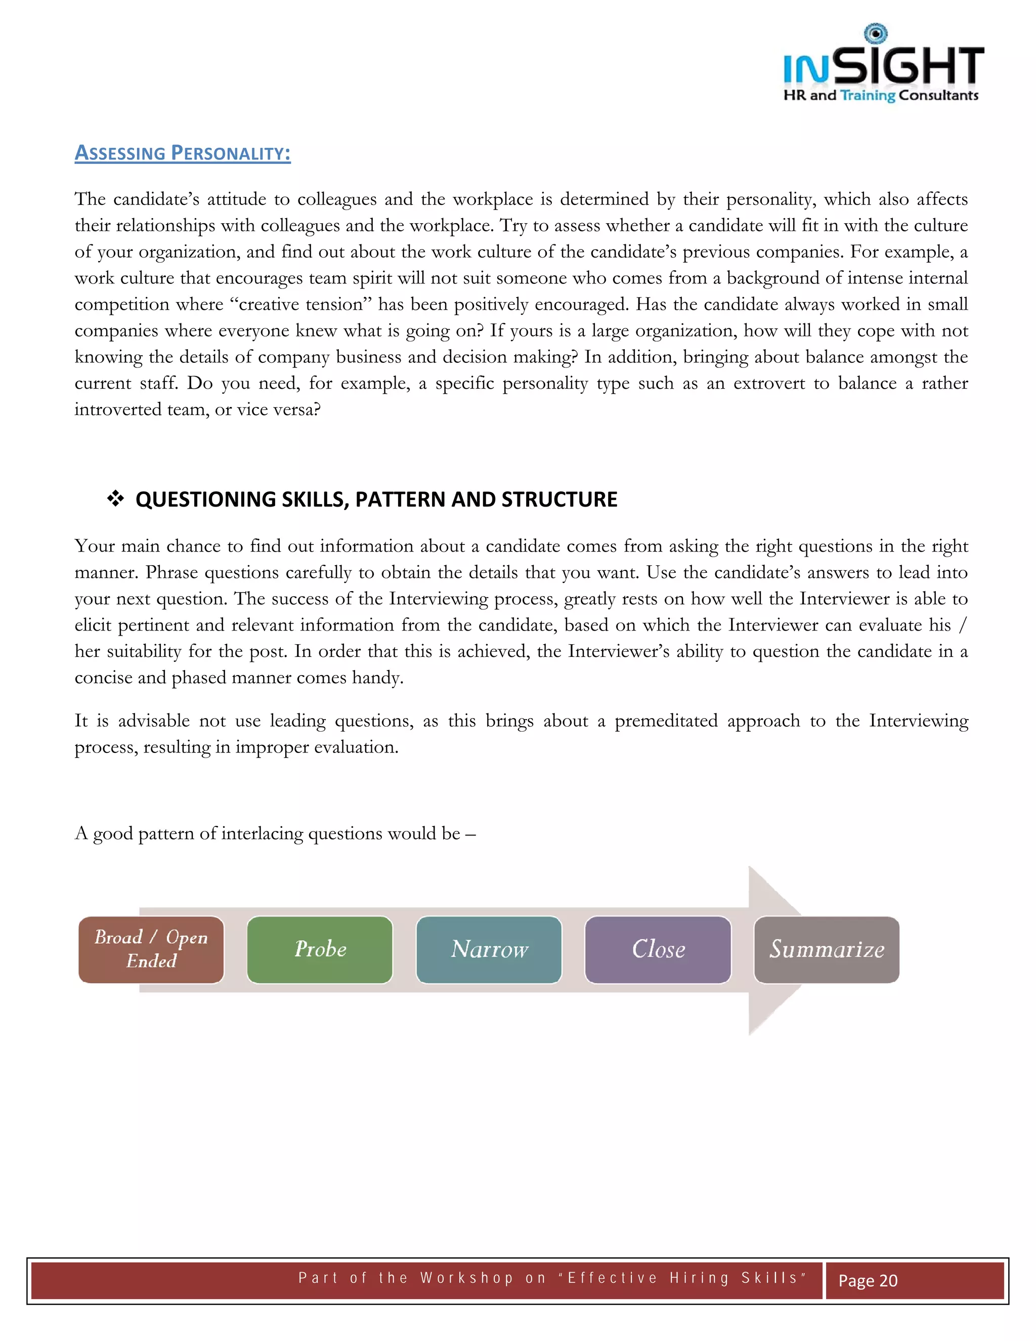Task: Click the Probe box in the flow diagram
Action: (320, 949)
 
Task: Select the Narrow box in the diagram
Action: (489, 949)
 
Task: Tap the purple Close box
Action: (658, 949)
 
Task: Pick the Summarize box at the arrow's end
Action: (827, 949)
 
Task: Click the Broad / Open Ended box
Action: (151, 949)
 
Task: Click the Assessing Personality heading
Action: (182, 153)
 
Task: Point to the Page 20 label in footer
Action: (868, 1280)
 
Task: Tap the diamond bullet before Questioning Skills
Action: (115, 498)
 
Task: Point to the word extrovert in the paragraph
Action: (769, 383)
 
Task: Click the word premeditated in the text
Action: (666, 720)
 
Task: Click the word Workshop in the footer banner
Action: (467, 1278)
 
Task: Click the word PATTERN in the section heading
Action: (401, 499)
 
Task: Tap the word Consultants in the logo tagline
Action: (938, 95)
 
